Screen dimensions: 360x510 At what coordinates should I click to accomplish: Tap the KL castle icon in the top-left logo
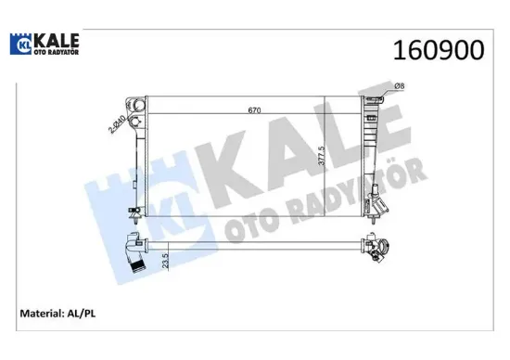point(22,44)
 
